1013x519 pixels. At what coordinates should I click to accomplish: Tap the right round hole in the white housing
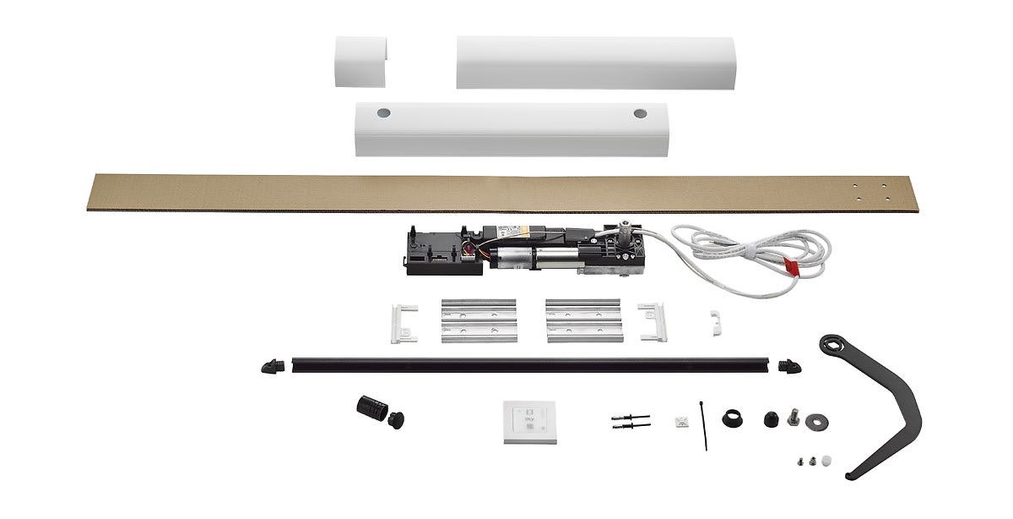click(638, 112)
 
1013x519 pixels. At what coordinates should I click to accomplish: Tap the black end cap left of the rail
click(274, 365)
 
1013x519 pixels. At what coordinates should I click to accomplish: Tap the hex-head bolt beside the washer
click(792, 418)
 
